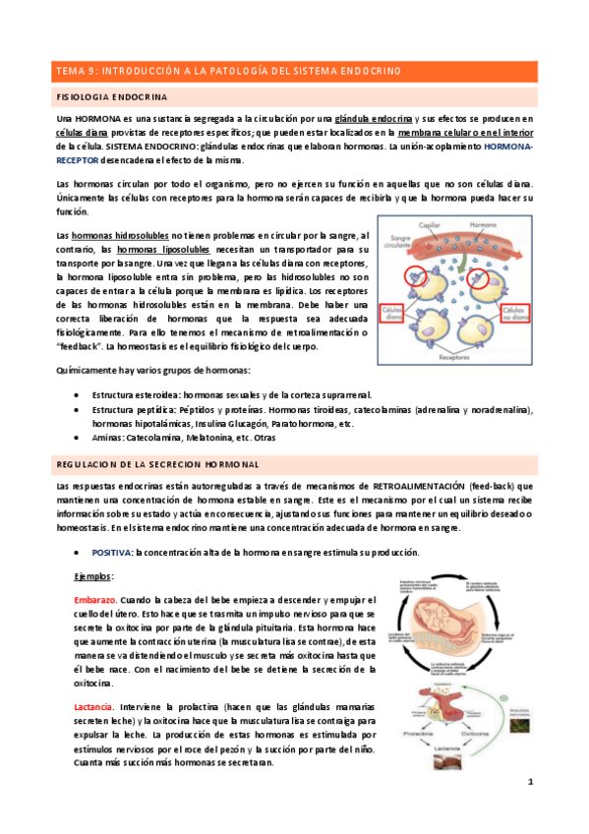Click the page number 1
[530, 809]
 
